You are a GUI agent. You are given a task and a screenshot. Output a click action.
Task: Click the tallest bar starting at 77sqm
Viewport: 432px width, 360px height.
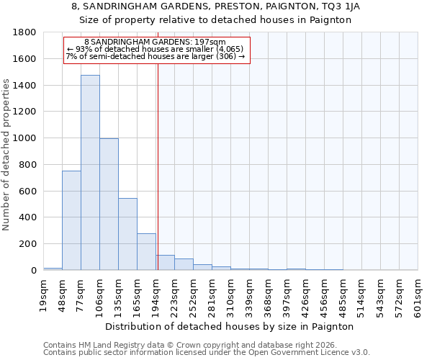tap(90, 173)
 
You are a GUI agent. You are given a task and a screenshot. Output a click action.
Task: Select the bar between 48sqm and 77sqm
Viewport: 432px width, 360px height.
tap(71, 220)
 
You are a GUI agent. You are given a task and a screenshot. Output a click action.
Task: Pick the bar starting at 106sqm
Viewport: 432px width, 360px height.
tap(109, 204)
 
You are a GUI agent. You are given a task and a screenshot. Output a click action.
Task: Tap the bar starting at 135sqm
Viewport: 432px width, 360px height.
tap(127, 234)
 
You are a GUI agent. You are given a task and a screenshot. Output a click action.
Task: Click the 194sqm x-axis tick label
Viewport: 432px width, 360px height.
tap(156, 294)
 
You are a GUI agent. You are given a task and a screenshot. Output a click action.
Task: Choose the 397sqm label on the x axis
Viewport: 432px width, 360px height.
tap(287, 294)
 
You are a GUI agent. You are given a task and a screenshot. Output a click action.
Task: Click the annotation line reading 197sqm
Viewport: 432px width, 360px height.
tap(155, 42)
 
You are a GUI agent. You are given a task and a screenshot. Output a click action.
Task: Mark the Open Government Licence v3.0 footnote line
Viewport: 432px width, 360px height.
tap(207, 352)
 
